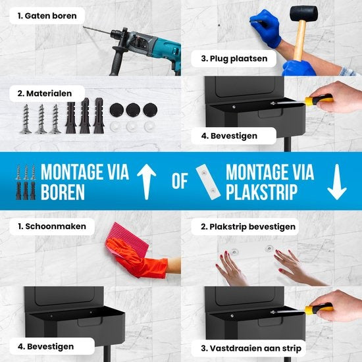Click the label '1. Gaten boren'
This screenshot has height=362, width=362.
click(x=47, y=16)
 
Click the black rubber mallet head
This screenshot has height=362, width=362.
click(x=303, y=13)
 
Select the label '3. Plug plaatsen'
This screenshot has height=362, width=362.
click(x=234, y=59)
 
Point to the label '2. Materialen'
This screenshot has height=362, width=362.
click(x=45, y=93)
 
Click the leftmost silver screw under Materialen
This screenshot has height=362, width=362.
click(x=26, y=118)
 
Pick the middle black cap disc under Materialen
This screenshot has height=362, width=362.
click(x=133, y=110)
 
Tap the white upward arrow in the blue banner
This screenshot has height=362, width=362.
click(x=146, y=182)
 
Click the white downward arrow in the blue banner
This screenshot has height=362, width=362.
click(x=337, y=182)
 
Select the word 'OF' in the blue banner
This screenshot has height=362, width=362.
click(x=180, y=181)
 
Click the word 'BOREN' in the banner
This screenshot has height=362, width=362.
click(x=63, y=192)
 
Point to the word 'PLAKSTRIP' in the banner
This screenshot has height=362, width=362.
click(x=262, y=192)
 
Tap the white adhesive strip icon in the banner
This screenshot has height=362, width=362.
click(x=208, y=182)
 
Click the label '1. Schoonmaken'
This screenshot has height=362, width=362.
click(x=52, y=226)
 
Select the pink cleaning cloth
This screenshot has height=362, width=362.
click(x=127, y=238)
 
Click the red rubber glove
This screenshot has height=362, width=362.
click(x=138, y=258)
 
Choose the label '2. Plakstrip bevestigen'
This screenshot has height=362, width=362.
click(x=248, y=226)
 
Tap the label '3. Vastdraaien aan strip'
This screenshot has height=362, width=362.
click(x=251, y=348)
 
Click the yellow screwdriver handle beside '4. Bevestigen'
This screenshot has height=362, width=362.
click(x=319, y=100)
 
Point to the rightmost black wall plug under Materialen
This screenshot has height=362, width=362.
click(x=99, y=115)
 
